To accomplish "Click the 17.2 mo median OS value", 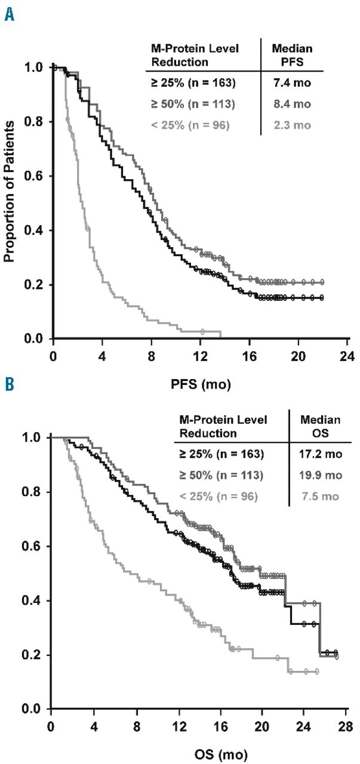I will click(x=322, y=454).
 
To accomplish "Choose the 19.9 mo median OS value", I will click(x=322, y=475).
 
